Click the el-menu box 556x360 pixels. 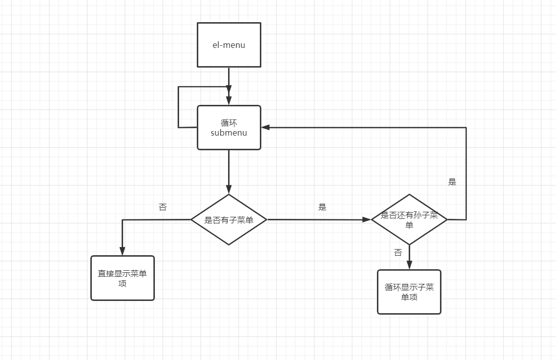(x=229, y=45)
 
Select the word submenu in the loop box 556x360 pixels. (x=229, y=133)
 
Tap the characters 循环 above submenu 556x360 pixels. (x=229, y=123)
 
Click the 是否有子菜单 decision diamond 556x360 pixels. (x=229, y=220)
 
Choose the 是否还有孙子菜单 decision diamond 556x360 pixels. (x=409, y=220)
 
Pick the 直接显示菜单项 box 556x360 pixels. (x=123, y=278)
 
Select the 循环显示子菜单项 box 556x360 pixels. (x=409, y=292)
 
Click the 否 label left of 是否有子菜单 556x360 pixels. (x=162, y=207)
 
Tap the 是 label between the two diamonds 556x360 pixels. (x=322, y=207)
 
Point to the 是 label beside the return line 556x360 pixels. (x=452, y=182)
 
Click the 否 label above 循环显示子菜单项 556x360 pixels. (x=398, y=253)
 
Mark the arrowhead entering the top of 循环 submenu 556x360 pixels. (x=229, y=101)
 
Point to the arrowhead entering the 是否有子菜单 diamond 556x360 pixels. (x=229, y=190)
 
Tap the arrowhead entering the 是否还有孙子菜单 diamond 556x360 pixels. (x=366, y=220)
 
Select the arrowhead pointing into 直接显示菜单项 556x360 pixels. (x=123, y=251)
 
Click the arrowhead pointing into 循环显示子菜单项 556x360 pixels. (x=409, y=265)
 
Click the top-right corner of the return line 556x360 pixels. (x=466, y=128)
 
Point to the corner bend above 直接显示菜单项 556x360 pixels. (x=123, y=220)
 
